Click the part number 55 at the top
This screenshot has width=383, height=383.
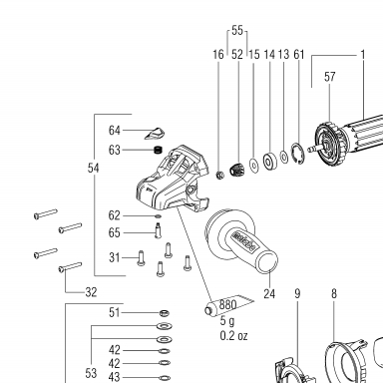click(237, 30)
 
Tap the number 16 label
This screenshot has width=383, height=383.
click(218, 55)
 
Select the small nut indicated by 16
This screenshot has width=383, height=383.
click(219, 175)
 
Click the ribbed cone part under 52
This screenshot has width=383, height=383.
click(237, 170)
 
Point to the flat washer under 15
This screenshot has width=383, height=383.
click(254, 165)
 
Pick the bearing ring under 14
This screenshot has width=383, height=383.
click(269, 162)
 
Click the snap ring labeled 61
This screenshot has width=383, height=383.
click(298, 153)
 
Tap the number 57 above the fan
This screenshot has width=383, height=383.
click(329, 77)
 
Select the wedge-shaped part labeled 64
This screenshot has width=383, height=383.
click(155, 133)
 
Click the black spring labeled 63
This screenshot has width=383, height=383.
click(159, 150)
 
